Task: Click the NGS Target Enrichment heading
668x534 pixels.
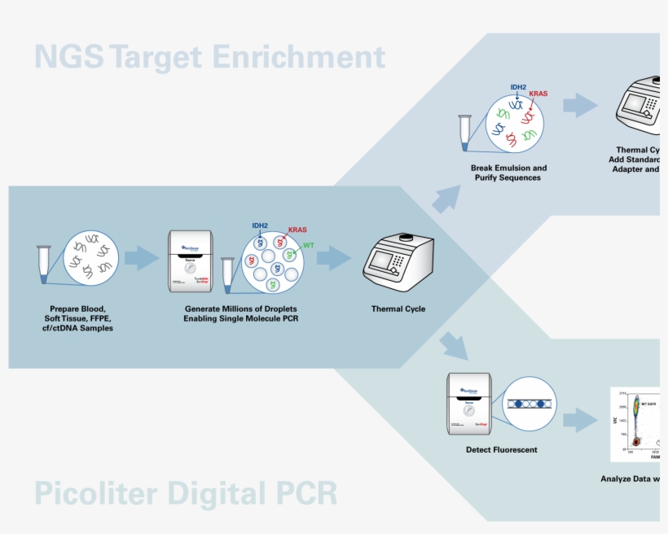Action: [x=209, y=57]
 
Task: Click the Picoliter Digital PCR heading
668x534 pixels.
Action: [x=186, y=494]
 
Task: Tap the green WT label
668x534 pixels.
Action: [x=308, y=245]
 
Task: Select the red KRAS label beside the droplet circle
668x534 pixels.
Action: [x=297, y=230]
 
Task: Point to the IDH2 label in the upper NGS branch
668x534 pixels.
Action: [x=519, y=86]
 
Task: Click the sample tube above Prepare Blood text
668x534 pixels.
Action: [x=44, y=264]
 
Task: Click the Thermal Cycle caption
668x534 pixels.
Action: [x=398, y=309]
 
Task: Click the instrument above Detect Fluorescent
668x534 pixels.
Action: [x=471, y=404]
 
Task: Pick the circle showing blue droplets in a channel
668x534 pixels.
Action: [x=530, y=404]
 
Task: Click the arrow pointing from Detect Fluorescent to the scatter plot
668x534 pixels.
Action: [x=580, y=419]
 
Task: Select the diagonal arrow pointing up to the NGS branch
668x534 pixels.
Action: [x=446, y=198]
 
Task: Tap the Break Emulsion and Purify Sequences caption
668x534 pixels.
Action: [x=508, y=173]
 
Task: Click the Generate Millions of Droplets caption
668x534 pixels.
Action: [x=240, y=313]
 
